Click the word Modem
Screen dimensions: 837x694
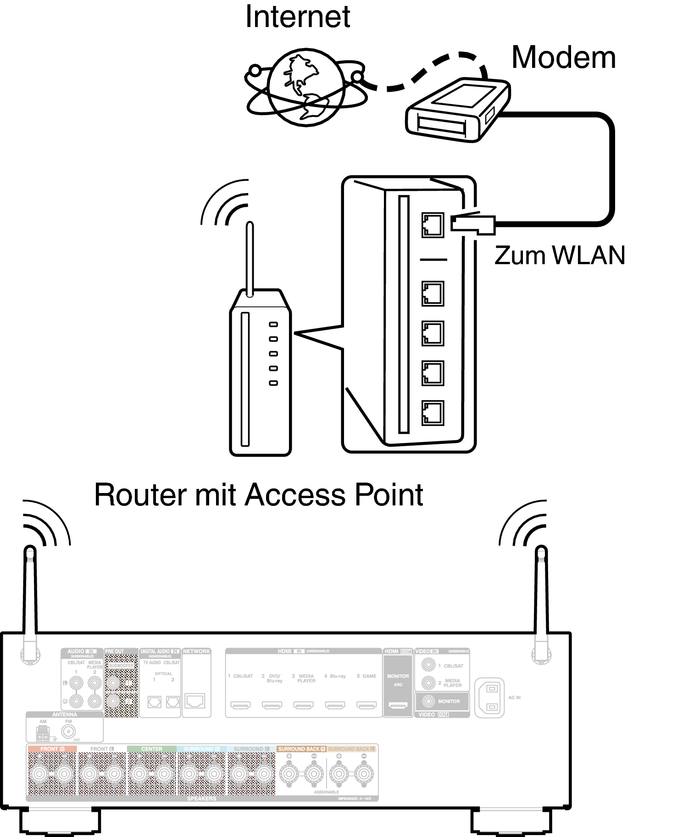click(x=563, y=57)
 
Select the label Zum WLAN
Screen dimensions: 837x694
click(x=560, y=255)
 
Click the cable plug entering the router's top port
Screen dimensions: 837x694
click(x=472, y=224)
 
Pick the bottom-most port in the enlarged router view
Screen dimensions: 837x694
click(x=432, y=412)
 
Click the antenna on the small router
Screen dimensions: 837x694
click(x=250, y=259)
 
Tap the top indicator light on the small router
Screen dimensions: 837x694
click(x=273, y=324)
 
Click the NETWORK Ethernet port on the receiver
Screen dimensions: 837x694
click(x=195, y=701)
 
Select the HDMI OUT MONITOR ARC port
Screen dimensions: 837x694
click(x=398, y=705)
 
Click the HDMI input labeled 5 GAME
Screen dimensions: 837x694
click(x=366, y=705)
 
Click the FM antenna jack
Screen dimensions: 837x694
click(x=68, y=732)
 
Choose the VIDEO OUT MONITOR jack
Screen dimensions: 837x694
click(x=428, y=701)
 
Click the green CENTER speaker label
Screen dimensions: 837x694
click(x=151, y=749)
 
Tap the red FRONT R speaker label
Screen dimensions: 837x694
click(x=52, y=749)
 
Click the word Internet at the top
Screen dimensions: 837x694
click(x=298, y=17)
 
